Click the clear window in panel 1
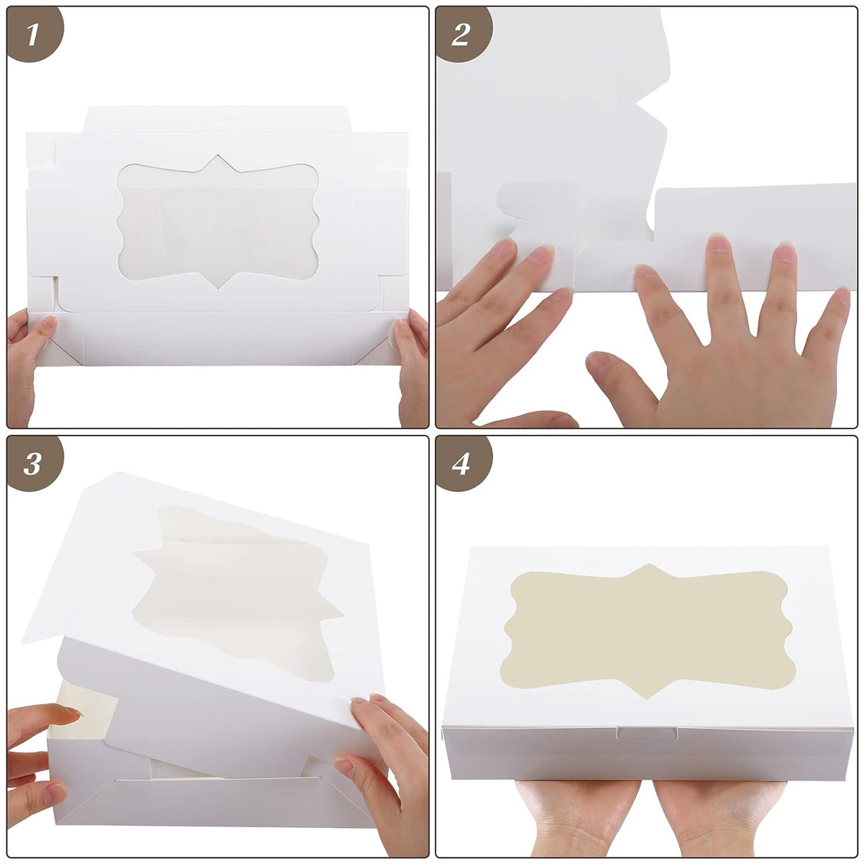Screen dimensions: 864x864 [x=218, y=222]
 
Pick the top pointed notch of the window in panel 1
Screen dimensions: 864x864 [x=218, y=156]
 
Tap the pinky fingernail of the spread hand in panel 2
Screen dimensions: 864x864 [x=842, y=297]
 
